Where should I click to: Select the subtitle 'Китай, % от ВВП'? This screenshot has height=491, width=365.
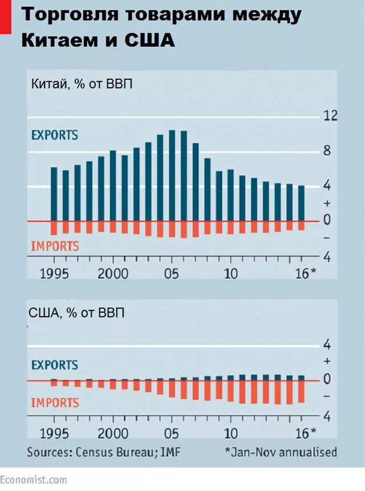point(81,84)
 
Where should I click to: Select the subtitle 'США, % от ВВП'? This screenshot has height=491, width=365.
point(75,312)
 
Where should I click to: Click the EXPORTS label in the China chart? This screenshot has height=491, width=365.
point(54,136)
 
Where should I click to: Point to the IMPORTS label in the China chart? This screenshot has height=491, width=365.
point(54,247)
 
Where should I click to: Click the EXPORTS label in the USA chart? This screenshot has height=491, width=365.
point(54,365)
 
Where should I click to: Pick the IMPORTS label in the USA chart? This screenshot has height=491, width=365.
point(54,403)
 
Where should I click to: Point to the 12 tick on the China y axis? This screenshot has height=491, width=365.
point(331,116)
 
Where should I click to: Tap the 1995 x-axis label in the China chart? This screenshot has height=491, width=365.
point(54,273)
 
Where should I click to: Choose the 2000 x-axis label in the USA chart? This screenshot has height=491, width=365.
point(112,432)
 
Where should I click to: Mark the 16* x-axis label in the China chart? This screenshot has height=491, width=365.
point(305,273)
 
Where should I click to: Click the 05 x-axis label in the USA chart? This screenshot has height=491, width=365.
point(172,432)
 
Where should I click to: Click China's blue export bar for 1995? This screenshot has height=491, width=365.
point(54,194)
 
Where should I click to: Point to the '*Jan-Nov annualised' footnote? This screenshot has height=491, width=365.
point(281,452)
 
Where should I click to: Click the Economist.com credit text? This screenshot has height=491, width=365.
point(33,480)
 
